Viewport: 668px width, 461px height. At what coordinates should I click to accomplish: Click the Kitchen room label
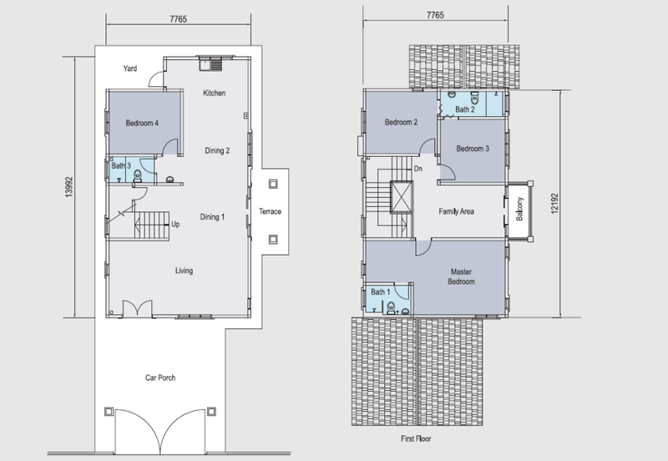click(x=214, y=93)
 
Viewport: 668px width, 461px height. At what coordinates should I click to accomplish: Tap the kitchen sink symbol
click(x=210, y=64)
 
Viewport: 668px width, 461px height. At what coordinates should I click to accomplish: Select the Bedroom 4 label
click(x=142, y=123)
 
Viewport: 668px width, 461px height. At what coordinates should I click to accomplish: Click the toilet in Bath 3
click(x=137, y=176)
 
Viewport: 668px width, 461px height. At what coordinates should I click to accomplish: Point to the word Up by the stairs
click(x=175, y=224)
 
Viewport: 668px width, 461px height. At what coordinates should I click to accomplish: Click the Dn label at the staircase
click(x=418, y=169)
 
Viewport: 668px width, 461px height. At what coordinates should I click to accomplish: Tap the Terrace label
click(x=270, y=211)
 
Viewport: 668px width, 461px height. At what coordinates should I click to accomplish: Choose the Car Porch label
click(x=160, y=377)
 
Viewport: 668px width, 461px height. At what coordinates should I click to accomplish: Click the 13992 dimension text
click(x=69, y=187)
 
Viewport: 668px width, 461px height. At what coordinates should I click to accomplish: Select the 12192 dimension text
click(x=554, y=204)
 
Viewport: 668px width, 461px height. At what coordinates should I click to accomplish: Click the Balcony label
click(x=519, y=209)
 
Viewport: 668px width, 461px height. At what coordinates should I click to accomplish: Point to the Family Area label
click(x=456, y=211)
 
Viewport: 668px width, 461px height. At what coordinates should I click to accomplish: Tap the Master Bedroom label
click(x=461, y=276)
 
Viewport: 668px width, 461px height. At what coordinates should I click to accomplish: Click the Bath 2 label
click(x=465, y=109)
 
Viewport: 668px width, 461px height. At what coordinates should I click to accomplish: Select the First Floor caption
click(x=416, y=438)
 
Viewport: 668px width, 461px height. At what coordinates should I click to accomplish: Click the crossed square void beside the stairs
click(x=402, y=197)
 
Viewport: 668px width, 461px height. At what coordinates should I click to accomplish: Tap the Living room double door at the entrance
click(x=137, y=308)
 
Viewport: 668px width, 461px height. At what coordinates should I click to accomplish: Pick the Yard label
click(x=130, y=68)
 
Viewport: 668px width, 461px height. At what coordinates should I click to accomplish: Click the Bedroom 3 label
click(x=473, y=149)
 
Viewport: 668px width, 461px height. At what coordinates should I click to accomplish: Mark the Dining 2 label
click(x=217, y=150)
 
